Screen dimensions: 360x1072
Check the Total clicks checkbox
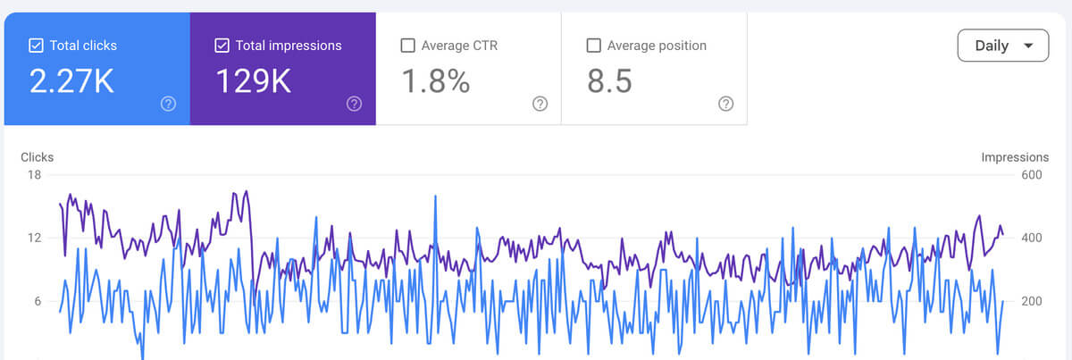[x=37, y=46]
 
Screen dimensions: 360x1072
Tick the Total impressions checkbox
[x=222, y=46]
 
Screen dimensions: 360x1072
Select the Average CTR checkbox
[x=408, y=46]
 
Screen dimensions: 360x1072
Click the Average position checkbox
[x=593, y=46]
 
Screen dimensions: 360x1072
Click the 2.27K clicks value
[x=72, y=81]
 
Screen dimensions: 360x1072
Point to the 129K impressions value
[x=254, y=81]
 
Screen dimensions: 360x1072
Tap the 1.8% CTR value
[x=436, y=81]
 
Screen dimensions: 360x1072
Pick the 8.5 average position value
[x=610, y=81]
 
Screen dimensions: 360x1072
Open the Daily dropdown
[x=1002, y=46]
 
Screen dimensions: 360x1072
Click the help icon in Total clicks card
[x=168, y=104]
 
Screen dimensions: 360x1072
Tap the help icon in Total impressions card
[x=354, y=104]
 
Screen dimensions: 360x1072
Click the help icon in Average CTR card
[x=540, y=104]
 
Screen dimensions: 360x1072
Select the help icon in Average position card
[x=725, y=104]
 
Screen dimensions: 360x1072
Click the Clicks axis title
[x=38, y=157]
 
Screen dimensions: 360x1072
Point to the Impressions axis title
[x=1015, y=157]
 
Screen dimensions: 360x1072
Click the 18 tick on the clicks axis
[x=34, y=175]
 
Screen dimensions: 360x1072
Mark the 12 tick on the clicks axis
[x=34, y=238]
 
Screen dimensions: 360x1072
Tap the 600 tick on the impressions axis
[x=1032, y=175]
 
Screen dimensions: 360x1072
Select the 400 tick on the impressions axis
[x=1032, y=238]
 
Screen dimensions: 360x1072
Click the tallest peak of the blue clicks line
[x=435, y=197]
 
